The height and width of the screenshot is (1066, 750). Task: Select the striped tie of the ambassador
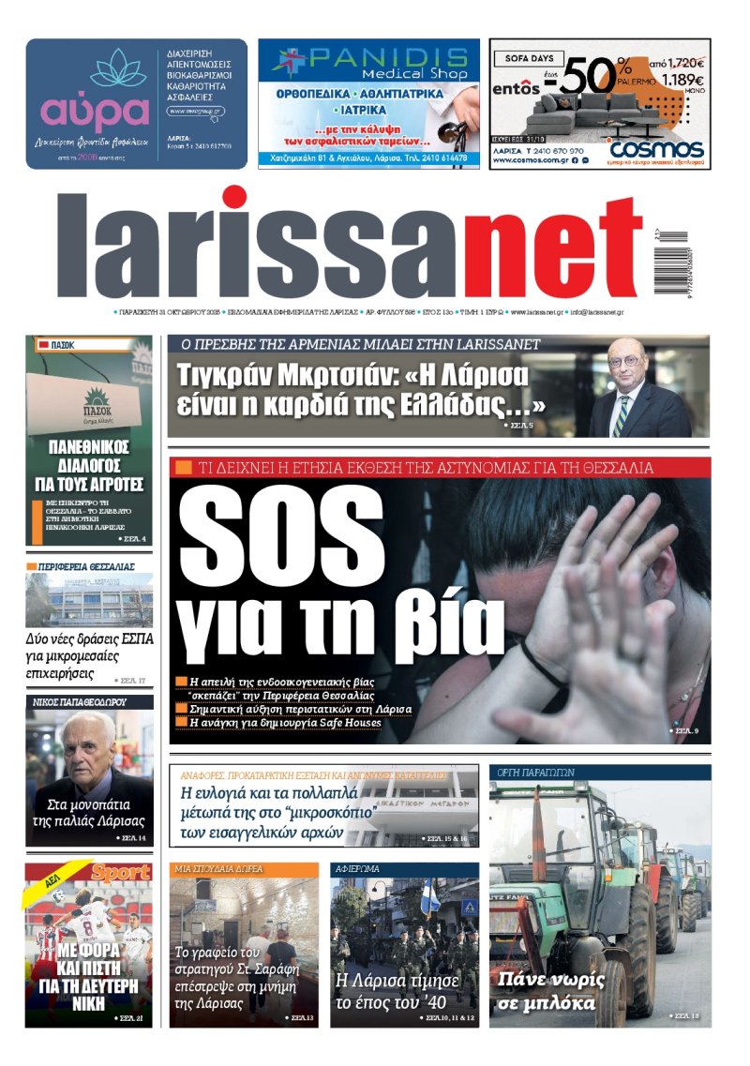click(x=621, y=413)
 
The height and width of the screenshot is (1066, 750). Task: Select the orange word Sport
click(x=120, y=873)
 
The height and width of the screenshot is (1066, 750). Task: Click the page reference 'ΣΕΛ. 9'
click(x=686, y=730)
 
